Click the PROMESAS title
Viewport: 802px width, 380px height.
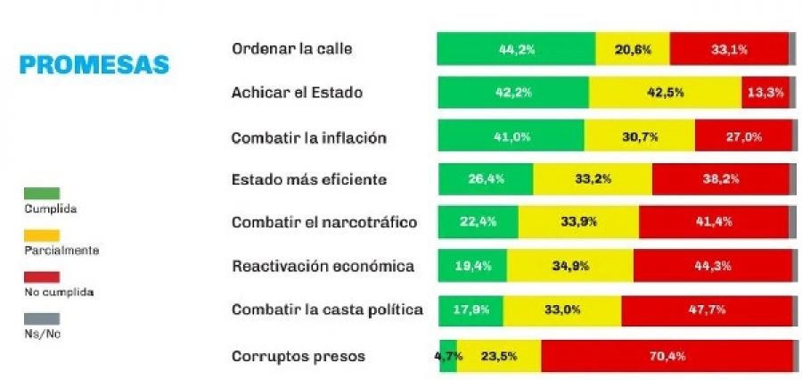pos(94,65)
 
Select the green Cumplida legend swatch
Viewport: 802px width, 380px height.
pos(43,193)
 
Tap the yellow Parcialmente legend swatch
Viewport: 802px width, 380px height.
pos(43,235)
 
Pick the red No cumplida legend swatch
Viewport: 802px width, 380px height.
pos(43,277)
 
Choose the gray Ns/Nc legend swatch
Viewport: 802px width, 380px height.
pos(43,318)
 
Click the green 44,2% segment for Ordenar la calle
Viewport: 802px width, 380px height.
pos(516,49)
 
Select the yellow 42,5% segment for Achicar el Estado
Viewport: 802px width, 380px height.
pos(665,93)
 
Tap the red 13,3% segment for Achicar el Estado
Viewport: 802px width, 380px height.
pos(765,93)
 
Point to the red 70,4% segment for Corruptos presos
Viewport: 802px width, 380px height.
pos(666,356)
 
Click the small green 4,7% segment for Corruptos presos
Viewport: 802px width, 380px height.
pos(448,356)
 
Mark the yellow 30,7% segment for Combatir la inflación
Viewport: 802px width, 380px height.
pos(639,136)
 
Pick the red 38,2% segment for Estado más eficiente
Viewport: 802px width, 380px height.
pos(720,179)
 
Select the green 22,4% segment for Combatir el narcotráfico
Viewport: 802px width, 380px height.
pos(479,222)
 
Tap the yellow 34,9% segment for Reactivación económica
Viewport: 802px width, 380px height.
pos(569,266)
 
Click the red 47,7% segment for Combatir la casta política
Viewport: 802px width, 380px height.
pos(706,310)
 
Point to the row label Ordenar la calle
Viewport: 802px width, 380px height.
pos(291,49)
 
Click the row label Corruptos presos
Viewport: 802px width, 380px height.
pos(298,357)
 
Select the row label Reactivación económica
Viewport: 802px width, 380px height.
pos(323,266)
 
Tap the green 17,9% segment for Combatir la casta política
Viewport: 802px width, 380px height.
pos(471,310)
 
